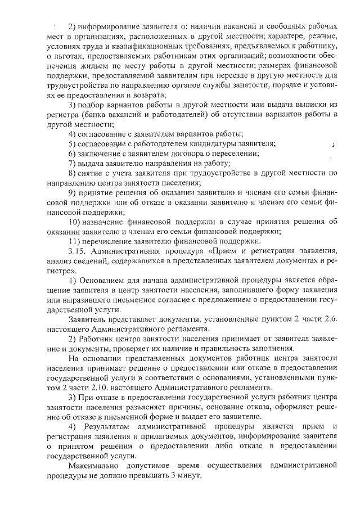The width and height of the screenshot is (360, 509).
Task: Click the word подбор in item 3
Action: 90,105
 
